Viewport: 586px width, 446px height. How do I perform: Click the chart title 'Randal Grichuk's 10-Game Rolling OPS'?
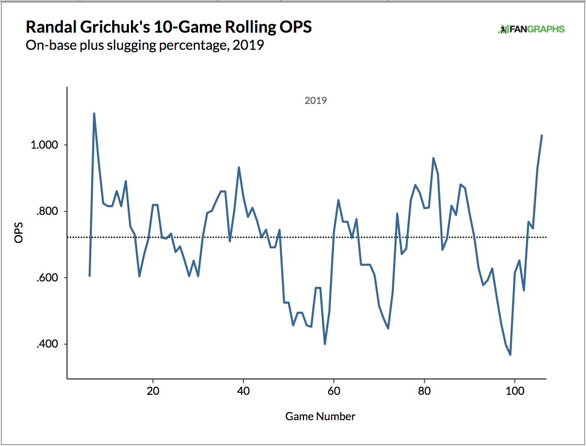click(168, 27)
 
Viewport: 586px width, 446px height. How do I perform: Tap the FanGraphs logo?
click(531, 29)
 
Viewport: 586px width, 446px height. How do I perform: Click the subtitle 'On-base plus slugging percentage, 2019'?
click(145, 45)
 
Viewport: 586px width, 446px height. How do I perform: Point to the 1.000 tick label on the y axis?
click(44, 145)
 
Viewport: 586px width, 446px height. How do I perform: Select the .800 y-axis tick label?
click(47, 211)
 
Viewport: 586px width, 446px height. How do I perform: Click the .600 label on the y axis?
click(47, 278)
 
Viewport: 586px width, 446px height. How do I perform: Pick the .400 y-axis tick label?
click(47, 344)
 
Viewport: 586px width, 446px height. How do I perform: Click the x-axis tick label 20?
click(153, 391)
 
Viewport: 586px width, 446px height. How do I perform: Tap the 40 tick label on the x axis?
click(243, 391)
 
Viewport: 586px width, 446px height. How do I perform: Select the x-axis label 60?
click(334, 391)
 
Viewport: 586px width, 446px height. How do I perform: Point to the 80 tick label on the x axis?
click(424, 391)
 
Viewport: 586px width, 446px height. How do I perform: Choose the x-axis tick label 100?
click(515, 391)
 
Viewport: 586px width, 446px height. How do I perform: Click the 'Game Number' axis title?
click(320, 416)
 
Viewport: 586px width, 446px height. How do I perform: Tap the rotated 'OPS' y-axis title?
click(19, 232)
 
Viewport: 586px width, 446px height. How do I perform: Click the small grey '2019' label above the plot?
click(316, 101)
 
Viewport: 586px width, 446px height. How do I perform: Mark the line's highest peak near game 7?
click(94, 113)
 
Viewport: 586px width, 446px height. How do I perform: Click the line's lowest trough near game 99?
click(510, 355)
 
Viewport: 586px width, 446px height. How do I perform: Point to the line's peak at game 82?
click(433, 158)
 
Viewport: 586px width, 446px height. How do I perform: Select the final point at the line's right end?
click(542, 135)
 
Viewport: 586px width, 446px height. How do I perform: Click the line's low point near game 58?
click(325, 344)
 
